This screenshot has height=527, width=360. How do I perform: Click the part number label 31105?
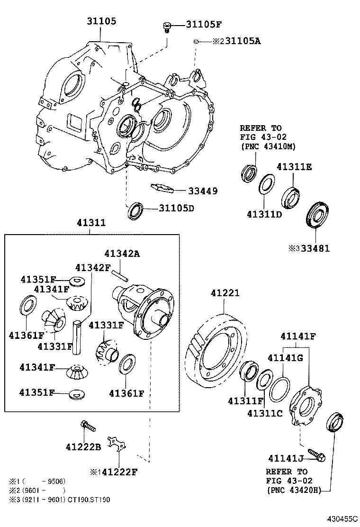click(x=101, y=21)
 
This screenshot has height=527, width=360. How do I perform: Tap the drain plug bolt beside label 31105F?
click(x=166, y=26)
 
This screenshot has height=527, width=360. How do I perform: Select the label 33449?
click(x=202, y=191)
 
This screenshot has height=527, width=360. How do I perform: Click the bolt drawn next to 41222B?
click(x=88, y=426)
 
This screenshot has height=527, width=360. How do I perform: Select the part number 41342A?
click(x=122, y=254)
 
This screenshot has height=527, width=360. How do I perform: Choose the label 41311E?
click(x=294, y=167)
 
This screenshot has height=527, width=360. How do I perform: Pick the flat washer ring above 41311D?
click(x=267, y=184)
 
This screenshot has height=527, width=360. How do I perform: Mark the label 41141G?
click(x=285, y=357)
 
